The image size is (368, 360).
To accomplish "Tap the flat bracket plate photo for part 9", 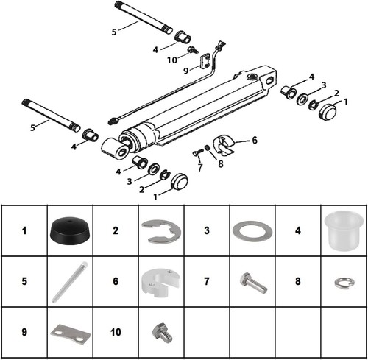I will (x=71, y=332).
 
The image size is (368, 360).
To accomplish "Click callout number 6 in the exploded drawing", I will (x=255, y=139).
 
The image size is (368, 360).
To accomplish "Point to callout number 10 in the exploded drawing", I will (x=171, y=60).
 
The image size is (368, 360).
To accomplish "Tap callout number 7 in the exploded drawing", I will (x=199, y=167).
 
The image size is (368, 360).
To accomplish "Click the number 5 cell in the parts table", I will (x=24, y=280).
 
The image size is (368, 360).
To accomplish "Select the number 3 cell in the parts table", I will (x=205, y=230).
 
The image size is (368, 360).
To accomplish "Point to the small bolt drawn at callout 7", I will (x=197, y=153).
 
